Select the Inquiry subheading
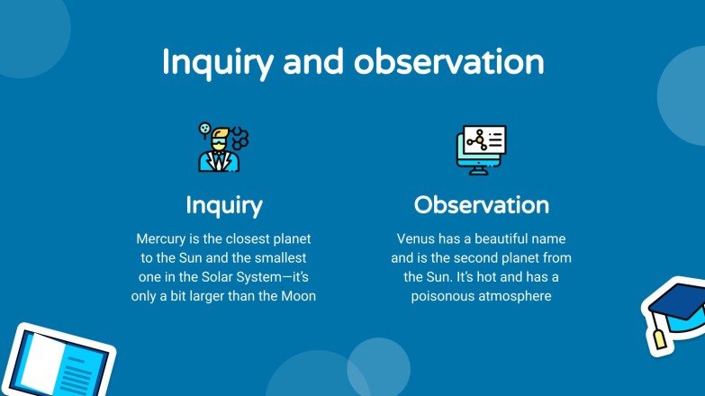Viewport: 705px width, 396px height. click(224, 205)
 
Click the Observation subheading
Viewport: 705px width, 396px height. click(481, 205)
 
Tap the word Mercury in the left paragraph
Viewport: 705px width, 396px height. click(163, 239)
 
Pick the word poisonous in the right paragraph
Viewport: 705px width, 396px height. click(444, 295)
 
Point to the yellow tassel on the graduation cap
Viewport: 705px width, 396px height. click(660, 338)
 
